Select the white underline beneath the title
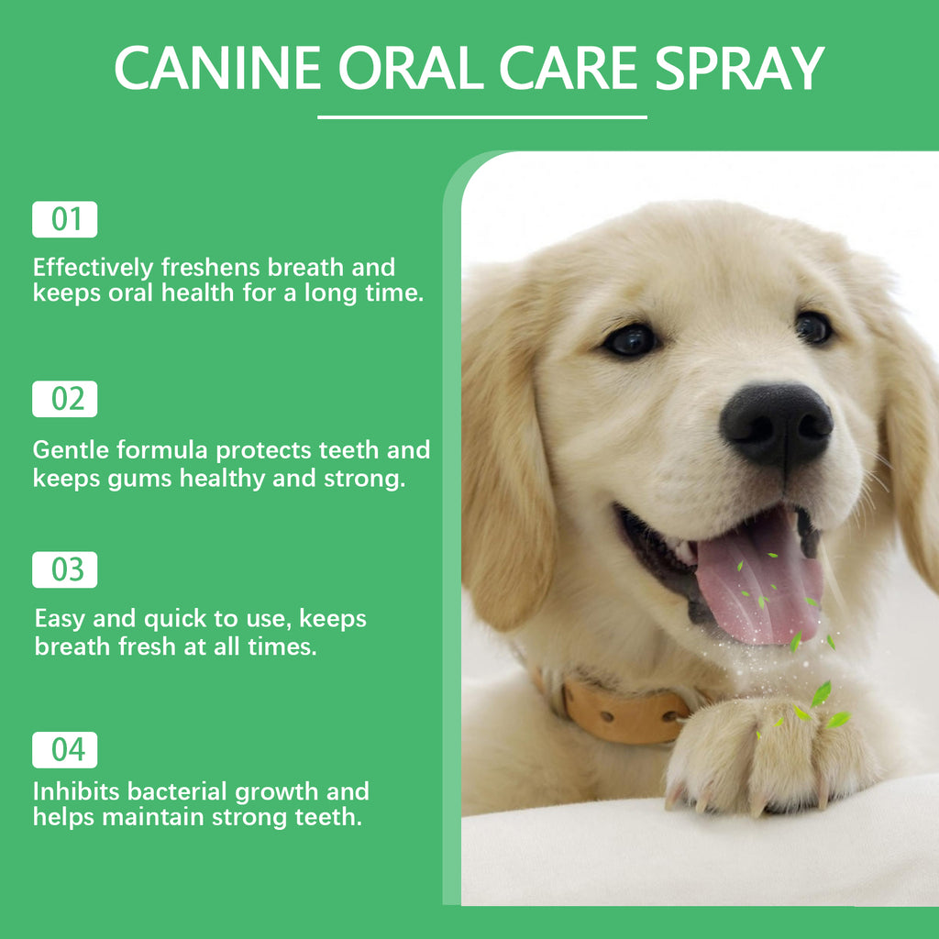click(482, 117)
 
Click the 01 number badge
click(65, 220)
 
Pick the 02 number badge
click(65, 400)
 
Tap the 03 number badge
click(65, 569)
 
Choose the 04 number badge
click(65, 750)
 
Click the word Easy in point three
click(60, 619)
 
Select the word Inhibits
click(76, 790)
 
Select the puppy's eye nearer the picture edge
click(812, 327)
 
